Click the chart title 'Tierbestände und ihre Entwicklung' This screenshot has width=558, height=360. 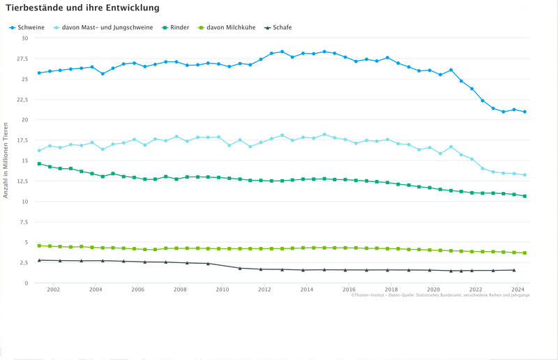82,8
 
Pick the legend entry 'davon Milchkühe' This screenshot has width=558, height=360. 232,27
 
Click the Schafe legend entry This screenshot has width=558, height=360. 282,27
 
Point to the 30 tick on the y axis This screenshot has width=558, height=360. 24,38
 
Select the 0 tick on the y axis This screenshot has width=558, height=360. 26,283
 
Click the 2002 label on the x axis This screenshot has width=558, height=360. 54,290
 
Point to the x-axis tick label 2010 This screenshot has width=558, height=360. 223,290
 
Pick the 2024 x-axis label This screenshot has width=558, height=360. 518,290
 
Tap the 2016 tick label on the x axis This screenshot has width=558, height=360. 349,290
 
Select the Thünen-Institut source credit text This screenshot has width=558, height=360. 440,296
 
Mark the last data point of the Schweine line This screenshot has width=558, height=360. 525,112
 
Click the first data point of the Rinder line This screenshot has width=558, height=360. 39,164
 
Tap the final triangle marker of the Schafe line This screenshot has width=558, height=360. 514,270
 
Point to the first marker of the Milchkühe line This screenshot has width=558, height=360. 39,246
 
